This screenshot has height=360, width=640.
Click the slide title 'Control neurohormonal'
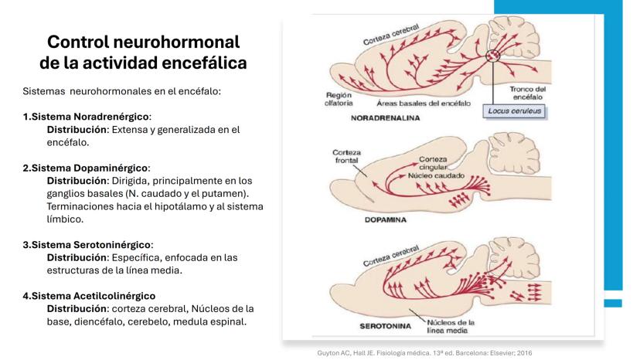pyautogui.click(x=143, y=42)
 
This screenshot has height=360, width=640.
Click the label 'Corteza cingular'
pyautogui.click(x=434, y=162)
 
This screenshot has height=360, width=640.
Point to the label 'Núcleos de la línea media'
pyautogui.click(x=452, y=325)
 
